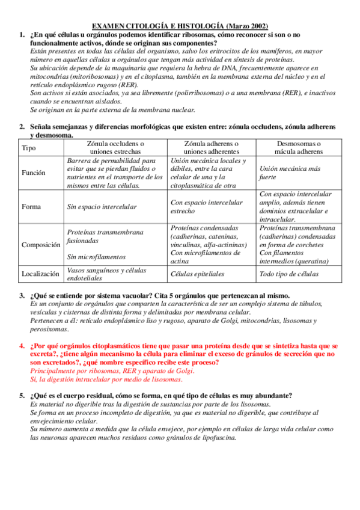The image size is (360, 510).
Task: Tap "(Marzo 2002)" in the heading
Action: (248, 27)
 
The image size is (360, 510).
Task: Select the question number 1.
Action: (22, 35)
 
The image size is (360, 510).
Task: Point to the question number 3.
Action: (22, 296)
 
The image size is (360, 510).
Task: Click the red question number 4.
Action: (22, 346)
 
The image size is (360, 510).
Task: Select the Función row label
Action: (34, 173)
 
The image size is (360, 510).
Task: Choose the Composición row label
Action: (41, 245)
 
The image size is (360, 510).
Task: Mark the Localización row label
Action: (41, 274)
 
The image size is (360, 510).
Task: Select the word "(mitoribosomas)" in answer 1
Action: (93, 77)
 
